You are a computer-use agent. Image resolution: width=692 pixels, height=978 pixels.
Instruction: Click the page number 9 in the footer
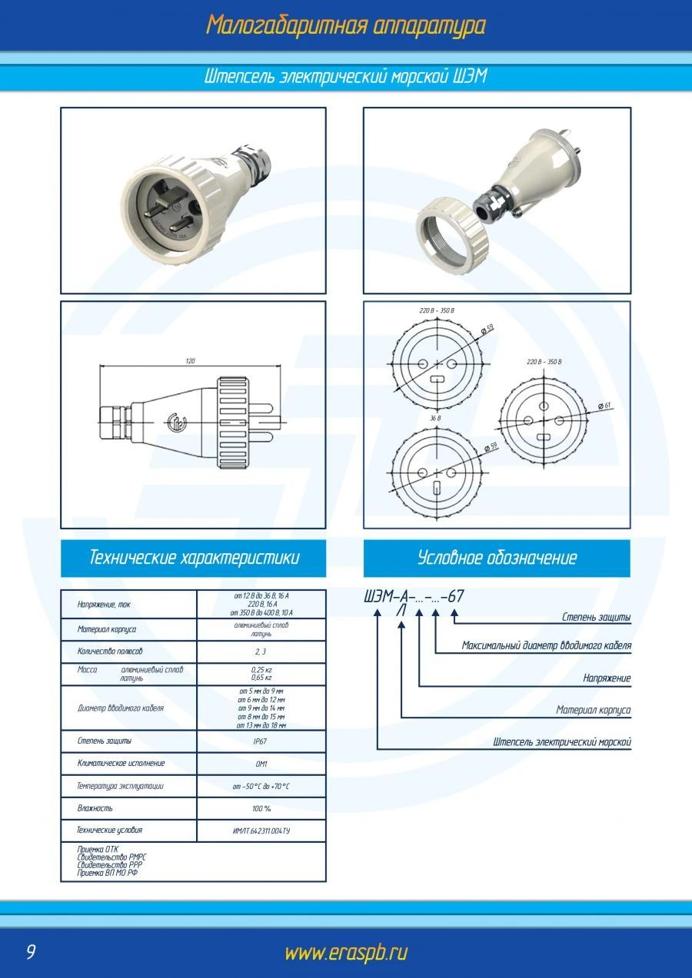31,953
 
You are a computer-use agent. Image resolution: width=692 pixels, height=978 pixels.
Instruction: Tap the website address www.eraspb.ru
345,953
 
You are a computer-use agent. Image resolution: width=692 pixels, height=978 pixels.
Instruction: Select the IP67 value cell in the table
261,741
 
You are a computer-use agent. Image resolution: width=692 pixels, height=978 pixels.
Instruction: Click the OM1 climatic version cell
261,764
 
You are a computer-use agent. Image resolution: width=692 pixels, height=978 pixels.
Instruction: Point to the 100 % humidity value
261,808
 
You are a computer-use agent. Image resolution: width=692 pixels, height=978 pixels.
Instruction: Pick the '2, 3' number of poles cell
261,651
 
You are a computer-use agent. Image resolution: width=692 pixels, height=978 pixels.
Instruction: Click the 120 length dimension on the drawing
190,360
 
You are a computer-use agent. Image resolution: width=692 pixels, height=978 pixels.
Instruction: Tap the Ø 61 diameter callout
604,406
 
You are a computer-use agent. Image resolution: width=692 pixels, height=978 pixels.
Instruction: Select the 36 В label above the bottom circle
435,419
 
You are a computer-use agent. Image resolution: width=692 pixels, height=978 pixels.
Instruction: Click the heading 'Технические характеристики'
194,558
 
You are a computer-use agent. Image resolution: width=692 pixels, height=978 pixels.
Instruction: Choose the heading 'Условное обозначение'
497,558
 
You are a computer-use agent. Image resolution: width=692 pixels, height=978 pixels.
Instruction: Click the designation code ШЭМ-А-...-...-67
414,597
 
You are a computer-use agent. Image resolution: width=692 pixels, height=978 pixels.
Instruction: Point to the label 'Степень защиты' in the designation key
596,617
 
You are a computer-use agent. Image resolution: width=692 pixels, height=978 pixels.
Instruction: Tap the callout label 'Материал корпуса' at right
593,711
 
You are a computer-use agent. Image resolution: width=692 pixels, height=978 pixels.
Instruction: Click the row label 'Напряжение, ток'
104,605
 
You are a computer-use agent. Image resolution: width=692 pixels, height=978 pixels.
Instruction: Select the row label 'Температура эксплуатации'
121,786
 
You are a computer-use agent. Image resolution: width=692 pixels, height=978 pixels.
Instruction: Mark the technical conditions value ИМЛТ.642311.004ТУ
261,830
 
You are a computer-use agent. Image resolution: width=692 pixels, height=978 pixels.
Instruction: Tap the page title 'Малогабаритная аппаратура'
345,25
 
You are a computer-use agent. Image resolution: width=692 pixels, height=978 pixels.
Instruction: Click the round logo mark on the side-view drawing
176,421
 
